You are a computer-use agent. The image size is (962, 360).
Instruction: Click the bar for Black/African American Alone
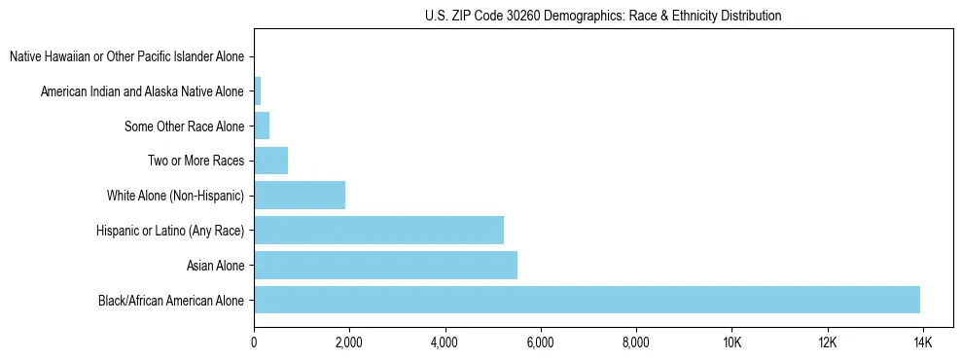point(587,300)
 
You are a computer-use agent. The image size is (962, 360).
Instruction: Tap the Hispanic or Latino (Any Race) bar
point(378,230)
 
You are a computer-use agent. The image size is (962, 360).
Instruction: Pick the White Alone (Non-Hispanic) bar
point(300,195)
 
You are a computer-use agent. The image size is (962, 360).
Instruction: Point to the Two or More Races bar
point(270,161)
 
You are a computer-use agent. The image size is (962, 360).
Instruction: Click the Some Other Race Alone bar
point(262,126)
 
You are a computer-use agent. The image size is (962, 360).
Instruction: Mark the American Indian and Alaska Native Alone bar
point(258,91)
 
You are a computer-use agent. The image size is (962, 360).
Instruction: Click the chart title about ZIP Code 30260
point(603,16)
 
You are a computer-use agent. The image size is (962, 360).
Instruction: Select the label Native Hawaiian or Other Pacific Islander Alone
point(127,56)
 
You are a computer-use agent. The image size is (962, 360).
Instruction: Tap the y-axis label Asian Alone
point(216,265)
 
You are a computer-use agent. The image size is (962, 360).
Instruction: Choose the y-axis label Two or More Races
point(196,161)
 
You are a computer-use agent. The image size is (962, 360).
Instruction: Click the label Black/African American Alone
point(171,300)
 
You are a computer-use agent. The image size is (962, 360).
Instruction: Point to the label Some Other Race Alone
point(185,126)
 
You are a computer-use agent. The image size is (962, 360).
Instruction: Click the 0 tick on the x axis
point(254,342)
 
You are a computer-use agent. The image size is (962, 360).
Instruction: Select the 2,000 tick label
point(349,342)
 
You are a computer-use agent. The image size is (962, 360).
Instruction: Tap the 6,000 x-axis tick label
point(540,342)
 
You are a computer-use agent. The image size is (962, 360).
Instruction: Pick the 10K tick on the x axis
point(732,342)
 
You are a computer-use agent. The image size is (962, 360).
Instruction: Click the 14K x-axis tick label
point(923,342)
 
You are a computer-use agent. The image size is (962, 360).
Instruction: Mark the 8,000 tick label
point(635,342)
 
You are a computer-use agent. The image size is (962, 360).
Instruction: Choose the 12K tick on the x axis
point(828,342)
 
